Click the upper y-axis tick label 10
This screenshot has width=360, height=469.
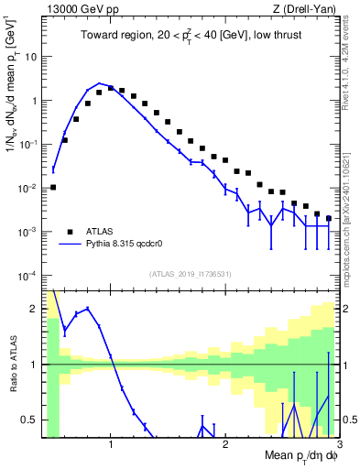(x=30, y=57)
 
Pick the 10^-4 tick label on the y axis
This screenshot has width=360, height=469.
(x=27, y=276)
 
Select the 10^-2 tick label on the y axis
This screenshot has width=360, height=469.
(x=27, y=188)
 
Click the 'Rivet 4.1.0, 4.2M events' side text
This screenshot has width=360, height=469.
(x=352, y=65)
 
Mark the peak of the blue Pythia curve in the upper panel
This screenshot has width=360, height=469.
(x=100, y=83)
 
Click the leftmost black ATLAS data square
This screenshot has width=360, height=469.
(x=53, y=187)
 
